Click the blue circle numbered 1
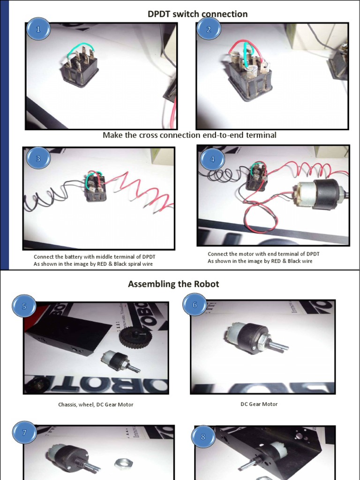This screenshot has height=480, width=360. pos(38,29)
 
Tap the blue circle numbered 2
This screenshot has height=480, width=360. pos(209,29)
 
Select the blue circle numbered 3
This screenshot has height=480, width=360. pos(38,158)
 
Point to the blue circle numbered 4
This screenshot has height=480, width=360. pos(212,159)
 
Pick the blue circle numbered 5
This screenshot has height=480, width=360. pos(24,306)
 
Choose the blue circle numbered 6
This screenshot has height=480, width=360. pos(195,305)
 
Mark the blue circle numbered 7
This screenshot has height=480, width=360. pos(24,432)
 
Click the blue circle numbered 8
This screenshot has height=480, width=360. pos(203,436)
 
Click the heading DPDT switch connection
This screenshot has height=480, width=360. pos(197,14)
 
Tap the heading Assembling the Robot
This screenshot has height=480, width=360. pos(173,284)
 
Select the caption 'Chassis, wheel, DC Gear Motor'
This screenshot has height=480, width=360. pos(96,405)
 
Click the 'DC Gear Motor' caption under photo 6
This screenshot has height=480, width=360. pos(259,404)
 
